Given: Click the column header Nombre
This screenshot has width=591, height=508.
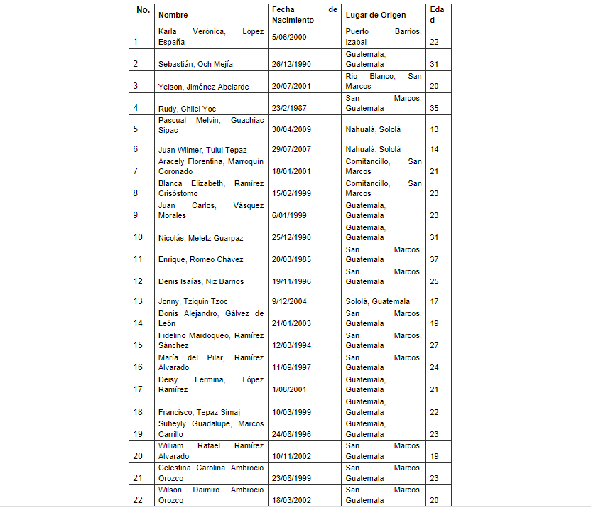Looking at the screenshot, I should pos(173,15).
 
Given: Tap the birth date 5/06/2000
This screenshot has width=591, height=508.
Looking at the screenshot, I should pos(289,36).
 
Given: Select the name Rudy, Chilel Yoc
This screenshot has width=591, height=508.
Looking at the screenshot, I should pos(188,109).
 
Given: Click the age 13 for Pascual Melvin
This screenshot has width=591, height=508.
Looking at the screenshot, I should pos(435,129).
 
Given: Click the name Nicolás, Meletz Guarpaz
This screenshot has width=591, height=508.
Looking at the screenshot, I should pos(201,237).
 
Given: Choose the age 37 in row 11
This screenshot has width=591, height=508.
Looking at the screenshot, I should pos(435,259).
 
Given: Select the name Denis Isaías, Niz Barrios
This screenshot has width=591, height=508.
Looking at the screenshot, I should pos(202,281).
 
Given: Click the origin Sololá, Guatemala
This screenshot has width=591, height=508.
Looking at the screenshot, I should pos(377,301).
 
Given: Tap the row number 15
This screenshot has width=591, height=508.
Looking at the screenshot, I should pos(138,345).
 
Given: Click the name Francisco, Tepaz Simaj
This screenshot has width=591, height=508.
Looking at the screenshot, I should pos(199,412).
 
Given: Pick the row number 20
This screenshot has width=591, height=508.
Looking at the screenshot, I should pos(138,456).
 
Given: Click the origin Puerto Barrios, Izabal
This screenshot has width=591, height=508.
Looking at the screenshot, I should pos(383,36).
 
